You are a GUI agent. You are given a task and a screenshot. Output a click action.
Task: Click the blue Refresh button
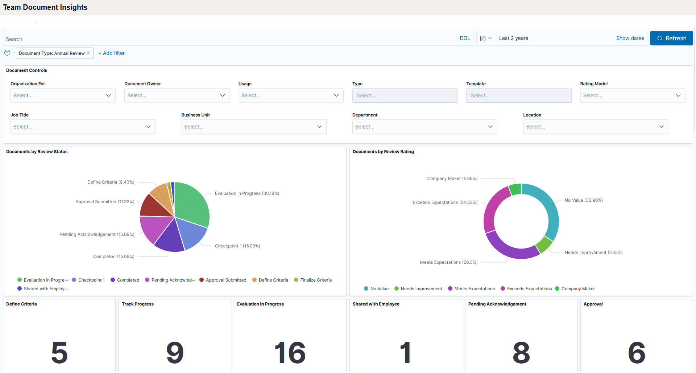tap(671, 38)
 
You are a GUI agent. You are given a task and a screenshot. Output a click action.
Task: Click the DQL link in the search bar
tap(465, 38)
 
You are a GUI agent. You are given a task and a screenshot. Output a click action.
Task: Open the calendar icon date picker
tap(486, 38)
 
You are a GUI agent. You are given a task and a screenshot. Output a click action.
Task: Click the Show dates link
tap(630, 38)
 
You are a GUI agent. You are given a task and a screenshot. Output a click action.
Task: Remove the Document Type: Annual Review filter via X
tap(88, 53)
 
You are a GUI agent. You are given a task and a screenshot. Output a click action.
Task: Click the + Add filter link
tap(112, 53)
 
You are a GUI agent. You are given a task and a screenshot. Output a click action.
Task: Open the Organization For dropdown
tap(63, 95)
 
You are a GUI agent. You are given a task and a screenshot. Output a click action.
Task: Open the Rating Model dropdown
tap(632, 95)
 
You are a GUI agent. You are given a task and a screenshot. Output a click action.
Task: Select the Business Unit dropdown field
tap(253, 127)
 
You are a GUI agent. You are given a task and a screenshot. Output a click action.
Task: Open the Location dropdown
tap(595, 127)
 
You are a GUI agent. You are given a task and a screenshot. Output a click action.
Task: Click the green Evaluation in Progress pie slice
tap(192, 203)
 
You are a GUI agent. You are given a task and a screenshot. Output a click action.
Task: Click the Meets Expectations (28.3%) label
tap(448, 262)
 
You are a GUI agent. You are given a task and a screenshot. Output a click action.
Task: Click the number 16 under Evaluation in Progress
tap(290, 353)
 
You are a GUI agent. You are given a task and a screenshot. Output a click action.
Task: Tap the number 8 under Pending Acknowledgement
tap(521, 353)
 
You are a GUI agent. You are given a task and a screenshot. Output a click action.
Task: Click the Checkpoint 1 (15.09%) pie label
tap(237, 246)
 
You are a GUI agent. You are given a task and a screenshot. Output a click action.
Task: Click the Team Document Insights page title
tap(45, 7)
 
